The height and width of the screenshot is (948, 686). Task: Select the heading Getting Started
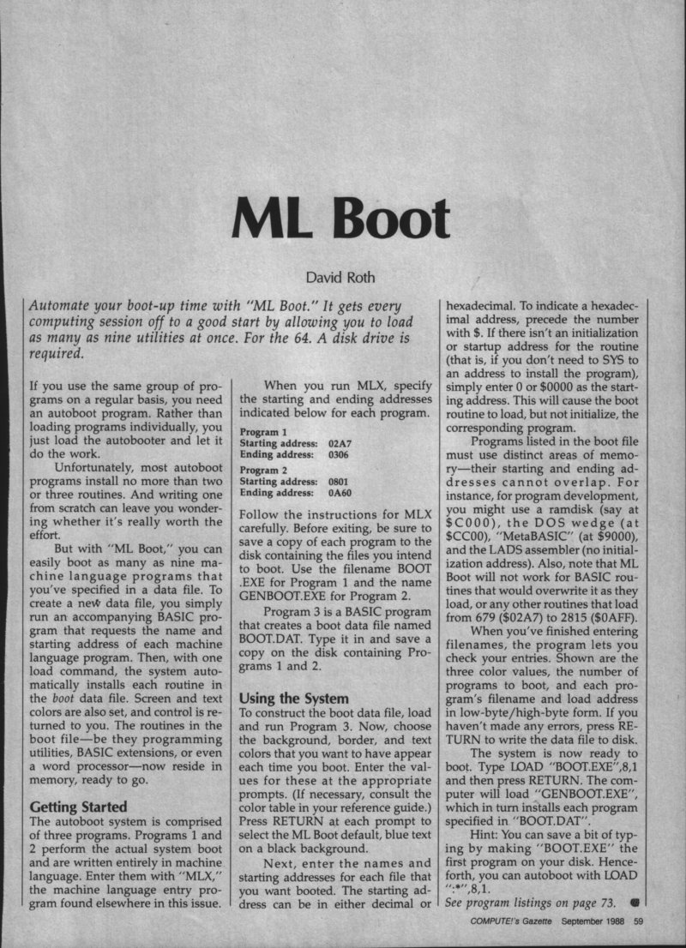tap(78, 807)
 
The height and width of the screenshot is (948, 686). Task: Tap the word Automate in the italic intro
tap(62, 307)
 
